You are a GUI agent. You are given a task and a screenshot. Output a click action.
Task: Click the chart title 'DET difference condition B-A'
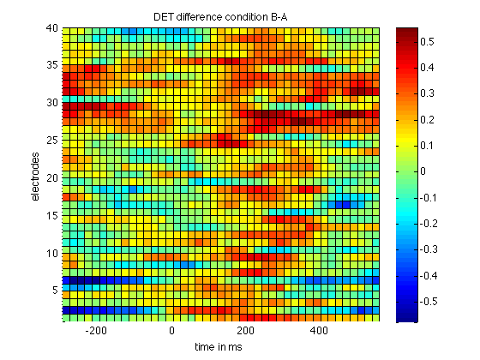click(x=220, y=17)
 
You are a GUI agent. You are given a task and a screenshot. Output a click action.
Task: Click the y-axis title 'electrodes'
click(x=35, y=177)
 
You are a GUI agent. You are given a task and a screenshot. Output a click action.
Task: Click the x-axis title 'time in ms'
click(x=219, y=347)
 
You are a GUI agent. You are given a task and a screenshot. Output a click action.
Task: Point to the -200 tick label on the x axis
click(x=96, y=331)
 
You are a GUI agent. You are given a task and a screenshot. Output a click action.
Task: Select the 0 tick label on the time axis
click(x=171, y=331)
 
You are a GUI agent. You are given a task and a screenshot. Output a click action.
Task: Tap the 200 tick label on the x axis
click(x=245, y=331)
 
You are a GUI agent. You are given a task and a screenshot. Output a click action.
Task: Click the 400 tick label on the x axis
click(x=319, y=331)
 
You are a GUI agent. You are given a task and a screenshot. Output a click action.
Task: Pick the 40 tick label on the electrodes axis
click(x=52, y=28)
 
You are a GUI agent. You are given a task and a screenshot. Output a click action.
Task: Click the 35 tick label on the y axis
click(x=52, y=65)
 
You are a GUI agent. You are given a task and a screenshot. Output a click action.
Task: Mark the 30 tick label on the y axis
click(x=52, y=103)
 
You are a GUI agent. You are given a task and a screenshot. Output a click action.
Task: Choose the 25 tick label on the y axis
click(x=52, y=141)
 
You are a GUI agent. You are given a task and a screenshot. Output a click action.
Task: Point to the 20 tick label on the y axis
click(x=52, y=178)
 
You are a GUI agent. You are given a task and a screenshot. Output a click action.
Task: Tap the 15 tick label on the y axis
click(x=52, y=216)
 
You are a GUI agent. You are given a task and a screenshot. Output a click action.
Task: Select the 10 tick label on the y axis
click(x=52, y=254)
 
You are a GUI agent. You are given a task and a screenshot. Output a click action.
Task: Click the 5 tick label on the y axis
click(x=55, y=290)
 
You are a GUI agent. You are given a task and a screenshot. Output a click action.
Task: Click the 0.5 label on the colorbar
click(x=427, y=41)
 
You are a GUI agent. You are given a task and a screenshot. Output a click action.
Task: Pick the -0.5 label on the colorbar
click(x=429, y=302)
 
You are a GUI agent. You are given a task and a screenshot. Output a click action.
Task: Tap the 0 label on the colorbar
click(x=423, y=171)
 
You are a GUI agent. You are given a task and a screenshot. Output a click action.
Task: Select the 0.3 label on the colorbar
click(x=427, y=93)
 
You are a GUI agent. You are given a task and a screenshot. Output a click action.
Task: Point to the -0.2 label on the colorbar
click(x=429, y=224)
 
